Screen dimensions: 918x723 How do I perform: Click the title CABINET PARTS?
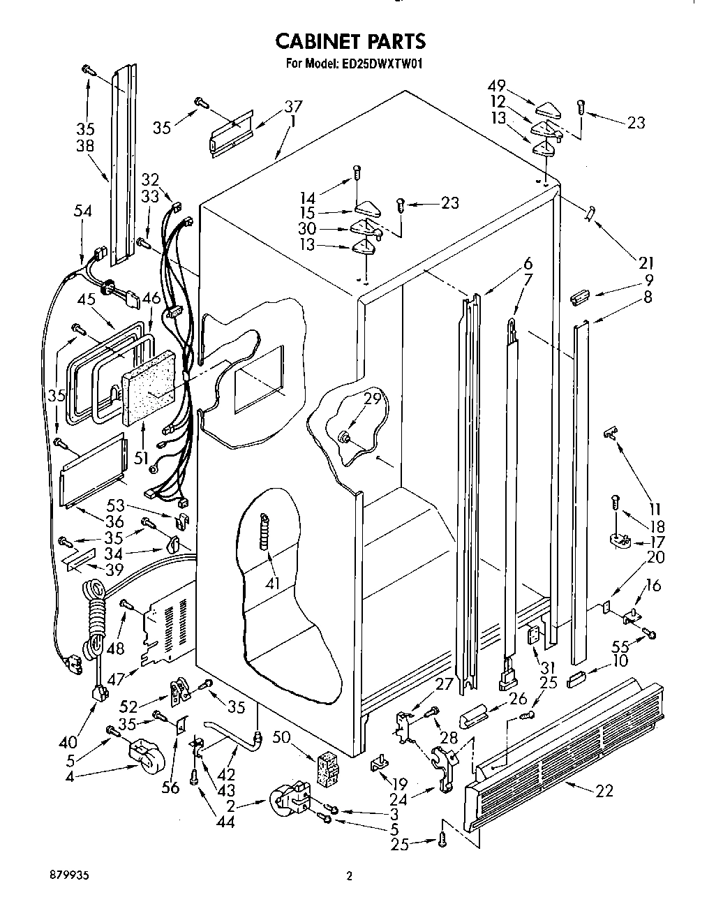(x=350, y=41)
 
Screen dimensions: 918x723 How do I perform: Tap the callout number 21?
(x=646, y=262)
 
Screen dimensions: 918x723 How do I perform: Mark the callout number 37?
(x=293, y=106)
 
